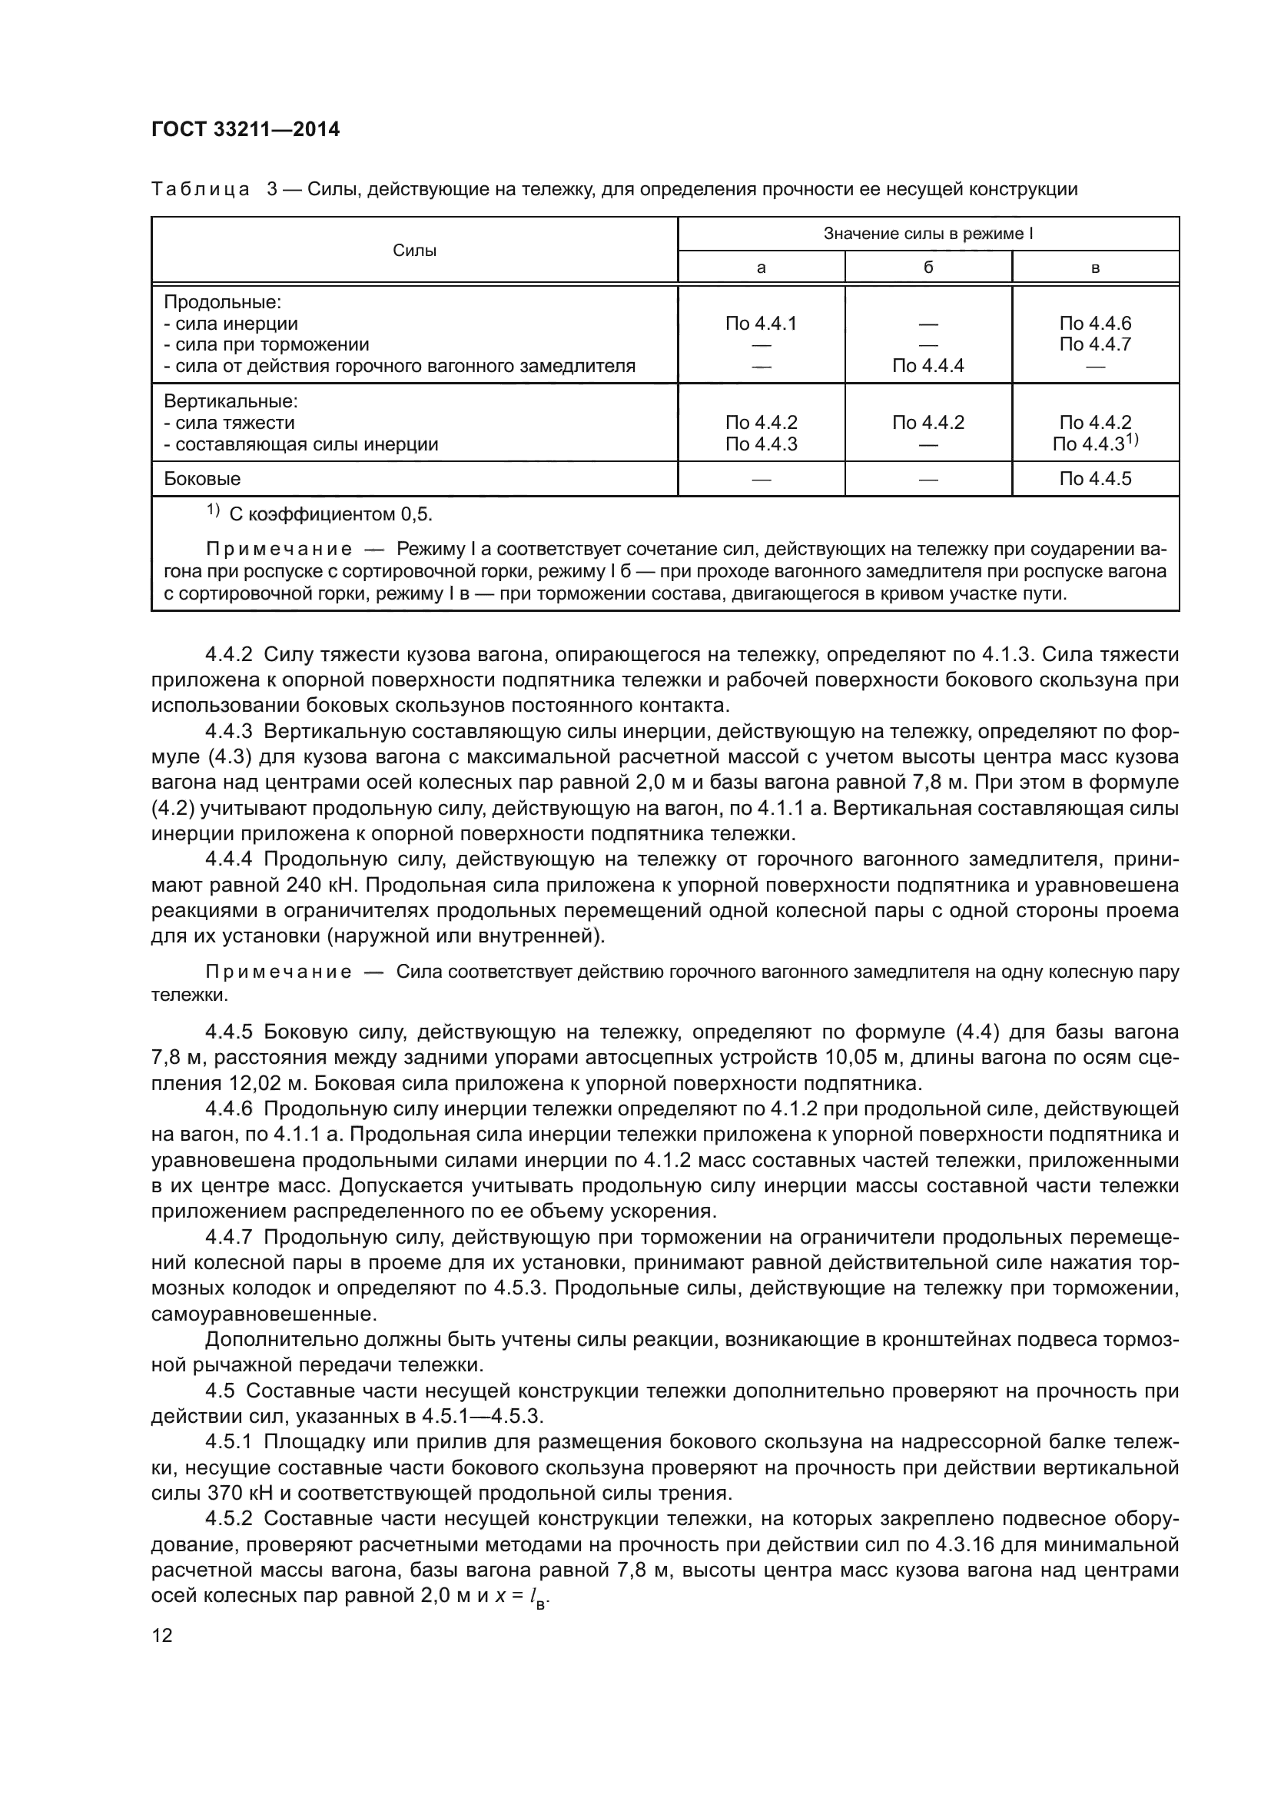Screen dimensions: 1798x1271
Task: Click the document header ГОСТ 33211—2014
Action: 245,129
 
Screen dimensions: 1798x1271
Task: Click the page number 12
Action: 162,1635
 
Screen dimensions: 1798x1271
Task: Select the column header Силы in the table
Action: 414,251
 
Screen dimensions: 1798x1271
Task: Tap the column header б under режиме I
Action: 928,268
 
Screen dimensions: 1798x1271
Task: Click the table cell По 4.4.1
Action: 761,324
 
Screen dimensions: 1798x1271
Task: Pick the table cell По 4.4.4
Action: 928,366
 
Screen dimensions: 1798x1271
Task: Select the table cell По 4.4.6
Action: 1095,324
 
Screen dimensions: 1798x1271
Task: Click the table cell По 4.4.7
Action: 1095,344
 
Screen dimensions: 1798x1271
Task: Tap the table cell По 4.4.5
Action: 1095,478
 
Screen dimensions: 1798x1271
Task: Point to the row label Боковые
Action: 202,478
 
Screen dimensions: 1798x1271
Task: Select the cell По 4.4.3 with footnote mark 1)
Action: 1095,444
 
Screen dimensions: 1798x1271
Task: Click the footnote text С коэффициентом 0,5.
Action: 330,514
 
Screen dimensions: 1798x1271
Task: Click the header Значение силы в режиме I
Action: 928,234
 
